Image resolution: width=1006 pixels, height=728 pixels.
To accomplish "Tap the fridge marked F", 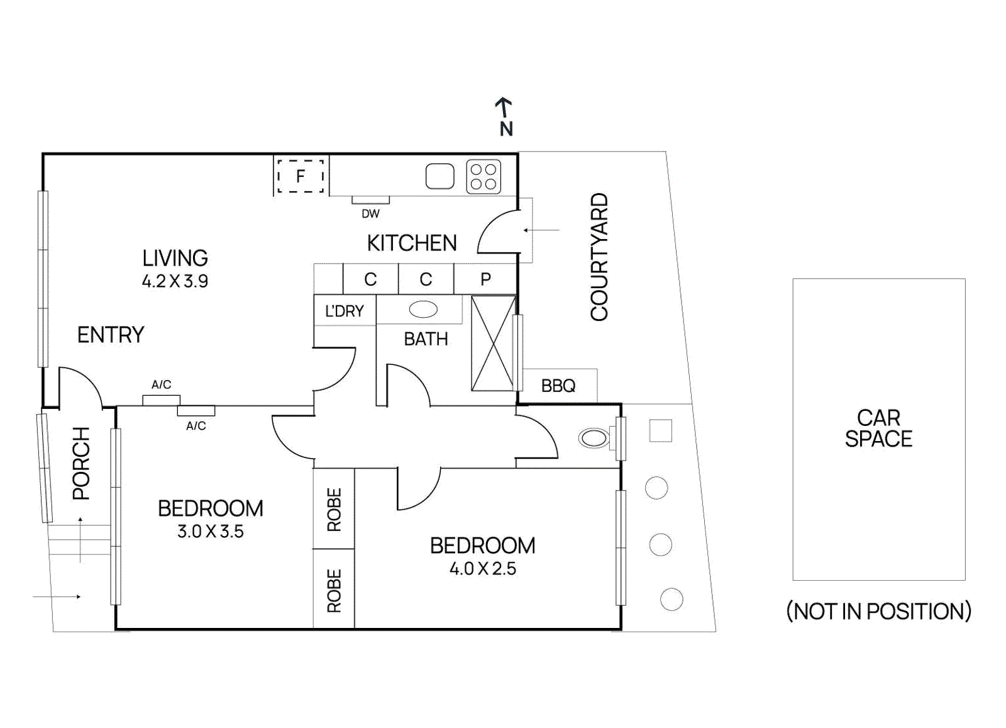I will coord(301,176).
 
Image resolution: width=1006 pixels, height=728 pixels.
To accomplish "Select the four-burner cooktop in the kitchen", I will coord(484,177).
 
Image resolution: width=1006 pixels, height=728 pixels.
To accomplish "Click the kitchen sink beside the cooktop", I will coord(440,177).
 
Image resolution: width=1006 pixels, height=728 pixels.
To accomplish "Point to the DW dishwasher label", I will coord(370,214).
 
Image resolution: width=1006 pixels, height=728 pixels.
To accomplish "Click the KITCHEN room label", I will coord(412,244).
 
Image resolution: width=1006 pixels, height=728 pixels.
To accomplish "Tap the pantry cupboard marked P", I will coord(485,279).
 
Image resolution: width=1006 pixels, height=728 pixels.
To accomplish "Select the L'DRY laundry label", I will coord(345,311).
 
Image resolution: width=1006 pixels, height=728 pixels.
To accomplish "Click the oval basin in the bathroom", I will coord(423,310).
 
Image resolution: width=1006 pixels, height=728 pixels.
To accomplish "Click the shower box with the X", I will coord(493,344).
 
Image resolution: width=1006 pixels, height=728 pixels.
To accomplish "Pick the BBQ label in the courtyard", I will coord(558,386).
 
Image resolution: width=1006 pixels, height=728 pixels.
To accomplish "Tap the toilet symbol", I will coord(594,438).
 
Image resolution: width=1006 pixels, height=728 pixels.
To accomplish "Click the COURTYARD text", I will coord(599,257).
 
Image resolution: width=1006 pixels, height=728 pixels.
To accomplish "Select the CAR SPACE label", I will coord(878,428).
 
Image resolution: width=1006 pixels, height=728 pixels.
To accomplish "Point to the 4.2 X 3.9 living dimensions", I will coord(175,281).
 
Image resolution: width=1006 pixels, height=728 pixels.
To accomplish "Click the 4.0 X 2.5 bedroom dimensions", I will coord(483,569).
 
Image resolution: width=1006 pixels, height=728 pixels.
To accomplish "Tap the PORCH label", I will coord(82,463).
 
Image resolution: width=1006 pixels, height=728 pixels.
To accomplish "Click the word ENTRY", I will coord(111,335).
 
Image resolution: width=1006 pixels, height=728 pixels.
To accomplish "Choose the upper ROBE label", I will coord(334,510).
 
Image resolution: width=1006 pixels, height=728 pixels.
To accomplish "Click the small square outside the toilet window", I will coord(660,431).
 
